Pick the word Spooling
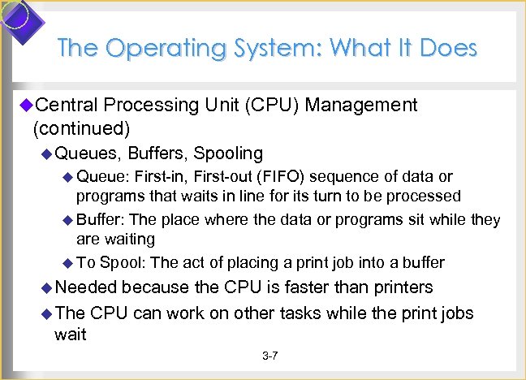tap(227, 153)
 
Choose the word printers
tap(399, 287)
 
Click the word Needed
tap(86, 287)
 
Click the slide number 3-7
tap(270, 356)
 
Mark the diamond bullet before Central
tap(25, 105)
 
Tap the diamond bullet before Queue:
tap(68, 177)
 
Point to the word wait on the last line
tap(71, 334)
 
